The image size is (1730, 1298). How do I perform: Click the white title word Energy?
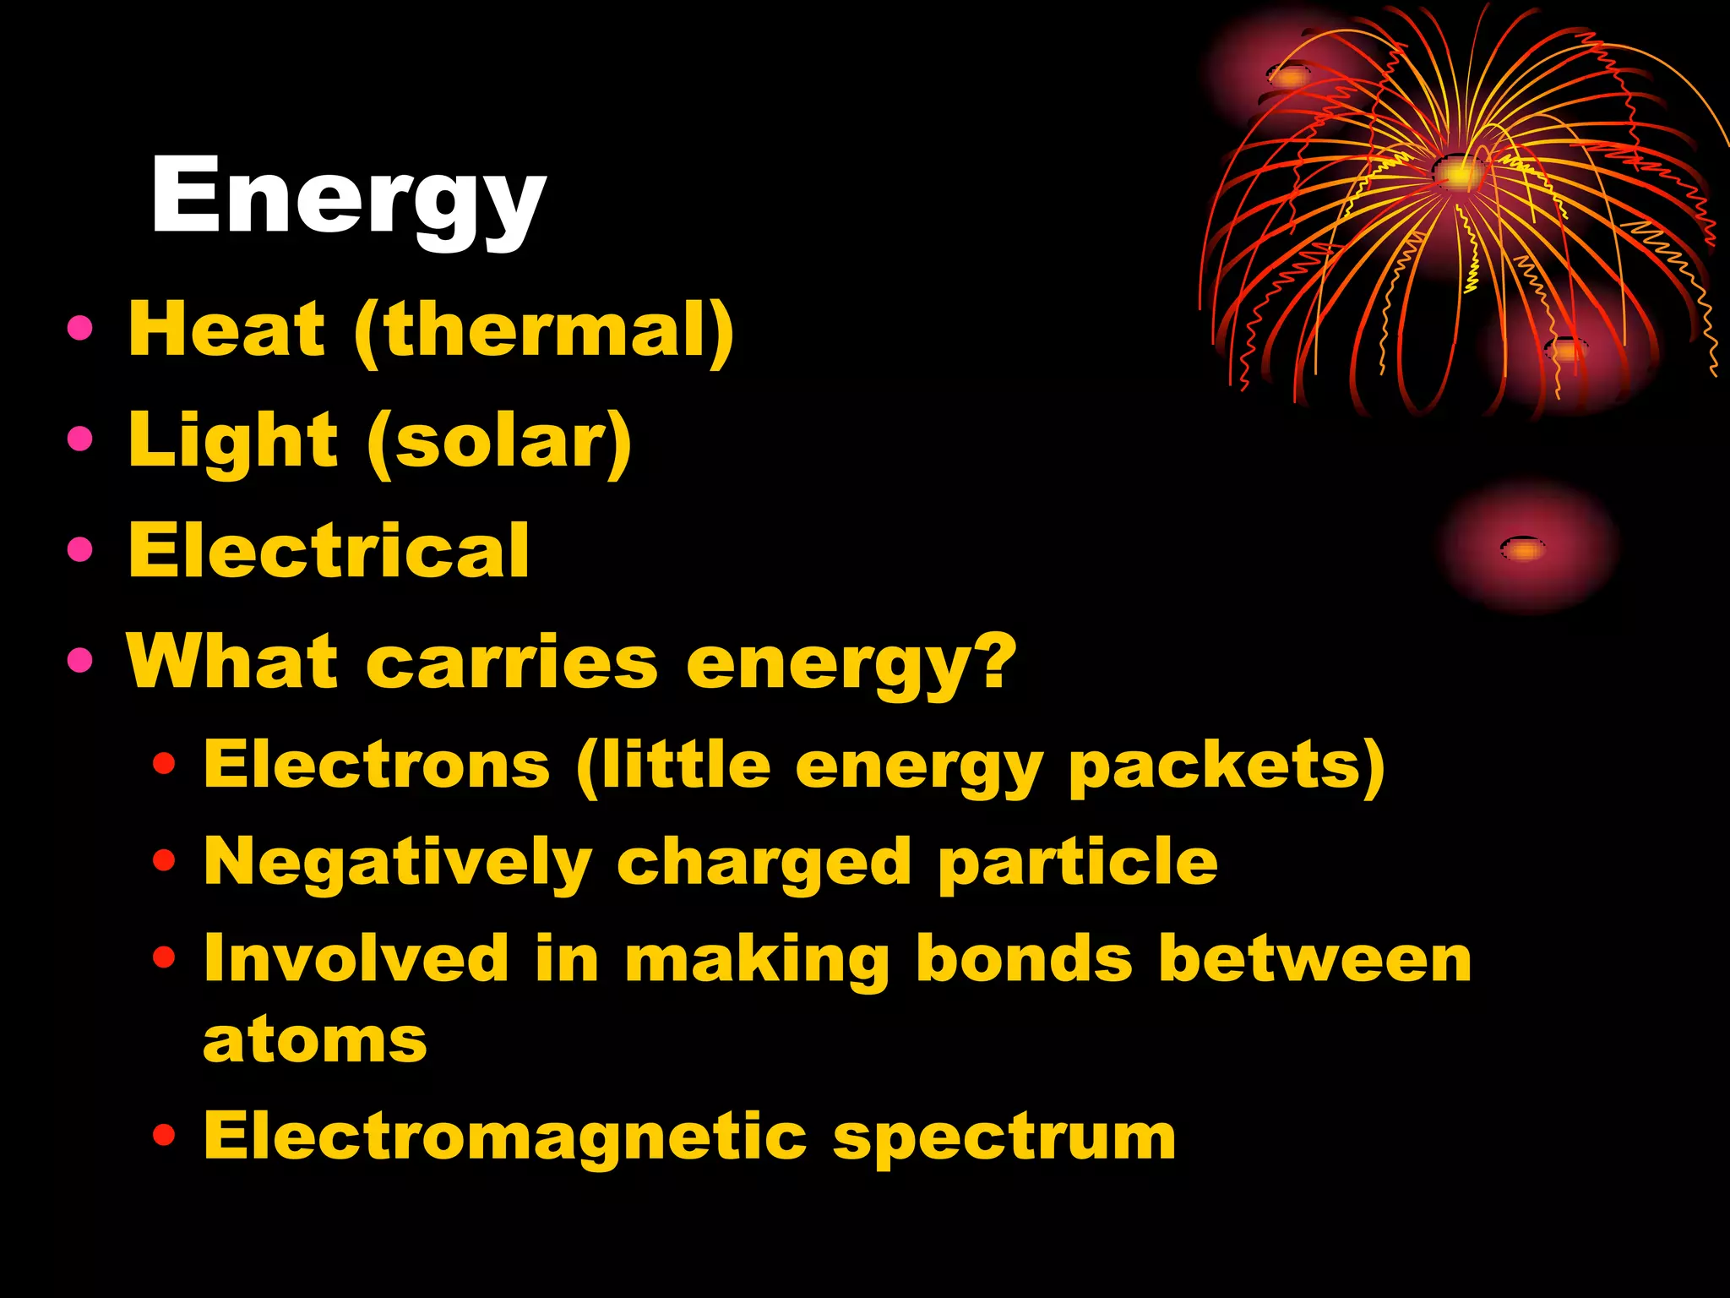pyautogui.click(x=348, y=199)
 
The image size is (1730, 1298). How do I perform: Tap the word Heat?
pyautogui.click(x=226, y=330)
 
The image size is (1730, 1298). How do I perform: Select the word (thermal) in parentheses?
pyautogui.click(x=544, y=331)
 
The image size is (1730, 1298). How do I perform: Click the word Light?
pyautogui.click(x=233, y=441)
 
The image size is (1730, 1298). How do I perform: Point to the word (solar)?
pyautogui.click(x=499, y=443)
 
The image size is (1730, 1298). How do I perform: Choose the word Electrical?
pyautogui.click(x=329, y=550)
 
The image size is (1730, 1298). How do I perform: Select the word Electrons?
pyautogui.click(x=377, y=765)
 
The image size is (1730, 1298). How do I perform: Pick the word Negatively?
pyautogui.click(x=398, y=863)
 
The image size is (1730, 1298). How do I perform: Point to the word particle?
pyautogui.click(x=1078, y=863)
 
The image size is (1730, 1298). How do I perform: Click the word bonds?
pyautogui.click(x=1024, y=959)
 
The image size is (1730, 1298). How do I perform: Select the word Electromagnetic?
pyautogui.click(x=505, y=1137)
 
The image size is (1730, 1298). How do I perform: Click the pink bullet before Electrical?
pyautogui.click(x=80, y=550)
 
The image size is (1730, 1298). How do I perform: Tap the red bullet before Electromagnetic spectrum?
pyautogui.click(x=164, y=1136)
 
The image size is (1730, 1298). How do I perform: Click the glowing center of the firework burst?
pyautogui.click(x=1457, y=173)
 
